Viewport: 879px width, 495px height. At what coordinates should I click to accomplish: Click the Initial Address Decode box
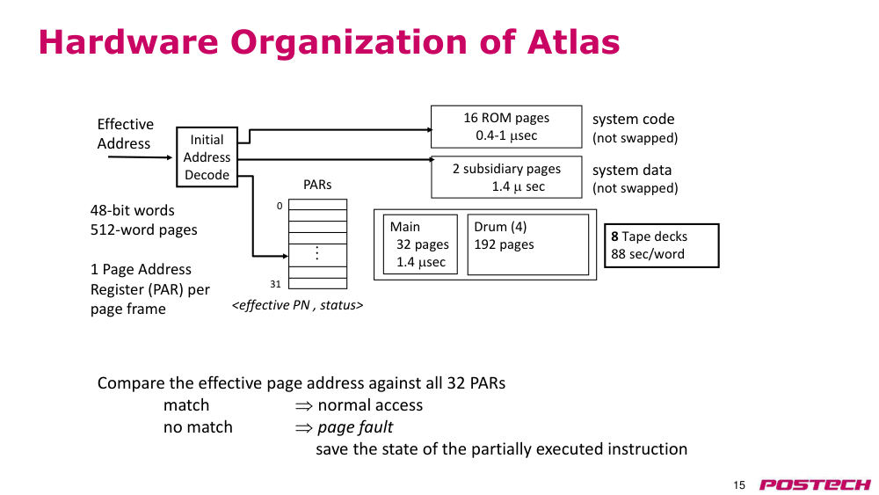click(x=207, y=157)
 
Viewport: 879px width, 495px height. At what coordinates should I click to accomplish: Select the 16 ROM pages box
click(x=506, y=127)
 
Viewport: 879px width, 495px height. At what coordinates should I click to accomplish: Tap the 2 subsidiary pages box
click(x=506, y=177)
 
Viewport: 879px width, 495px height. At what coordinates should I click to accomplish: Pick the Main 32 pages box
click(x=420, y=244)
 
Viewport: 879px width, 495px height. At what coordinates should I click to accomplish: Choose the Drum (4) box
click(x=528, y=244)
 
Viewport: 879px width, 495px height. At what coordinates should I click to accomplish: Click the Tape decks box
click(x=662, y=245)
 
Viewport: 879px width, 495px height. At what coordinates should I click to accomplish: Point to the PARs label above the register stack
click(x=317, y=185)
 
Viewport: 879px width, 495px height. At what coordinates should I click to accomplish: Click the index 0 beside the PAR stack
click(x=280, y=206)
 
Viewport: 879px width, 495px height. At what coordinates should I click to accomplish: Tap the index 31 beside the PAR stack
click(x=275, y=284)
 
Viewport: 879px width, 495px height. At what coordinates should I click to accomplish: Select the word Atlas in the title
click(x=573, y=42)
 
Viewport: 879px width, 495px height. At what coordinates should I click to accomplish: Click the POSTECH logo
click(x=815, y=484)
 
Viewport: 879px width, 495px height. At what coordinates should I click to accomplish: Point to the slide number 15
click(x=739, y=485)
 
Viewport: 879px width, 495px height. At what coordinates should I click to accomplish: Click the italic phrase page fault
click(x=355, y=427)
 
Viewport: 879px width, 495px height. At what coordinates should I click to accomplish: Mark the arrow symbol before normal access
click(x=304, y=406)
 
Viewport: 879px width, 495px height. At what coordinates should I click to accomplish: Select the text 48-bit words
click(x=133, y=210)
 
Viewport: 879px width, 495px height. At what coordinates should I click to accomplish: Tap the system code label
click(x=634, y=119)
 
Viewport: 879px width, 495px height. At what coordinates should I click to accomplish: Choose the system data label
click(x=632, y=170)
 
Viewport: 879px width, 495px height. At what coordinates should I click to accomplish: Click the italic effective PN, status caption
click(x=298, y=305)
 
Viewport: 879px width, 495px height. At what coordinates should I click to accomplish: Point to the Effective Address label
click(x=125, y=134)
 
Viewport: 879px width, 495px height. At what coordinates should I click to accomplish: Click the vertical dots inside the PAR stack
click(x=317, y=253)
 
